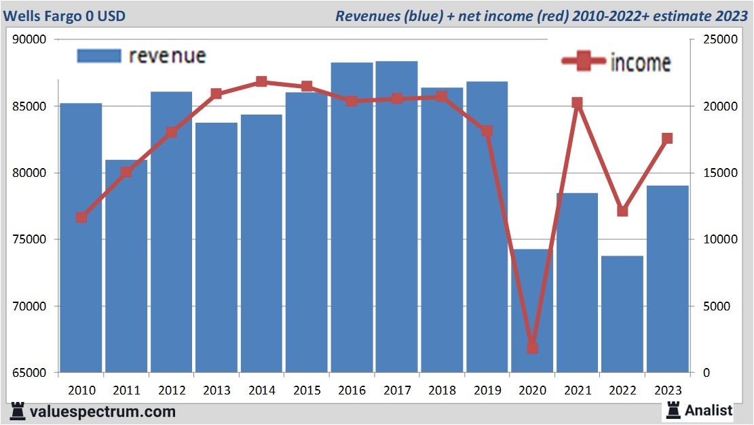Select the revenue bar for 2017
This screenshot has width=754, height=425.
point(396,217)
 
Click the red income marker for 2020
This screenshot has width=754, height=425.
point(532,348)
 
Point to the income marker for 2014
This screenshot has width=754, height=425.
point(261,82)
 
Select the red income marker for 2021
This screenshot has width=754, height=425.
point(577,103)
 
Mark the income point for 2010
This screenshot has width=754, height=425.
point(81,218)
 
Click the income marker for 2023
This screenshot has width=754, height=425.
point(667,138)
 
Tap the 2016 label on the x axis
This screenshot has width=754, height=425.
point(352,390)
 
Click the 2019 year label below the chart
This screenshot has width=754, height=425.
point(487,390)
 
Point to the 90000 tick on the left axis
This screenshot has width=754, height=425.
point(29,40)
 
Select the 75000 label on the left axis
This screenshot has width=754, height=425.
point(29,240)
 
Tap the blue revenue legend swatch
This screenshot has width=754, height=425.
point(99,56)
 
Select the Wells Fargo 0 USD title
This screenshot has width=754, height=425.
point(68,16)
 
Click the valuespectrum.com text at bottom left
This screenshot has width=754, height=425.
point(102,411)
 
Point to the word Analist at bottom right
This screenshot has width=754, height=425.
point(709,410)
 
